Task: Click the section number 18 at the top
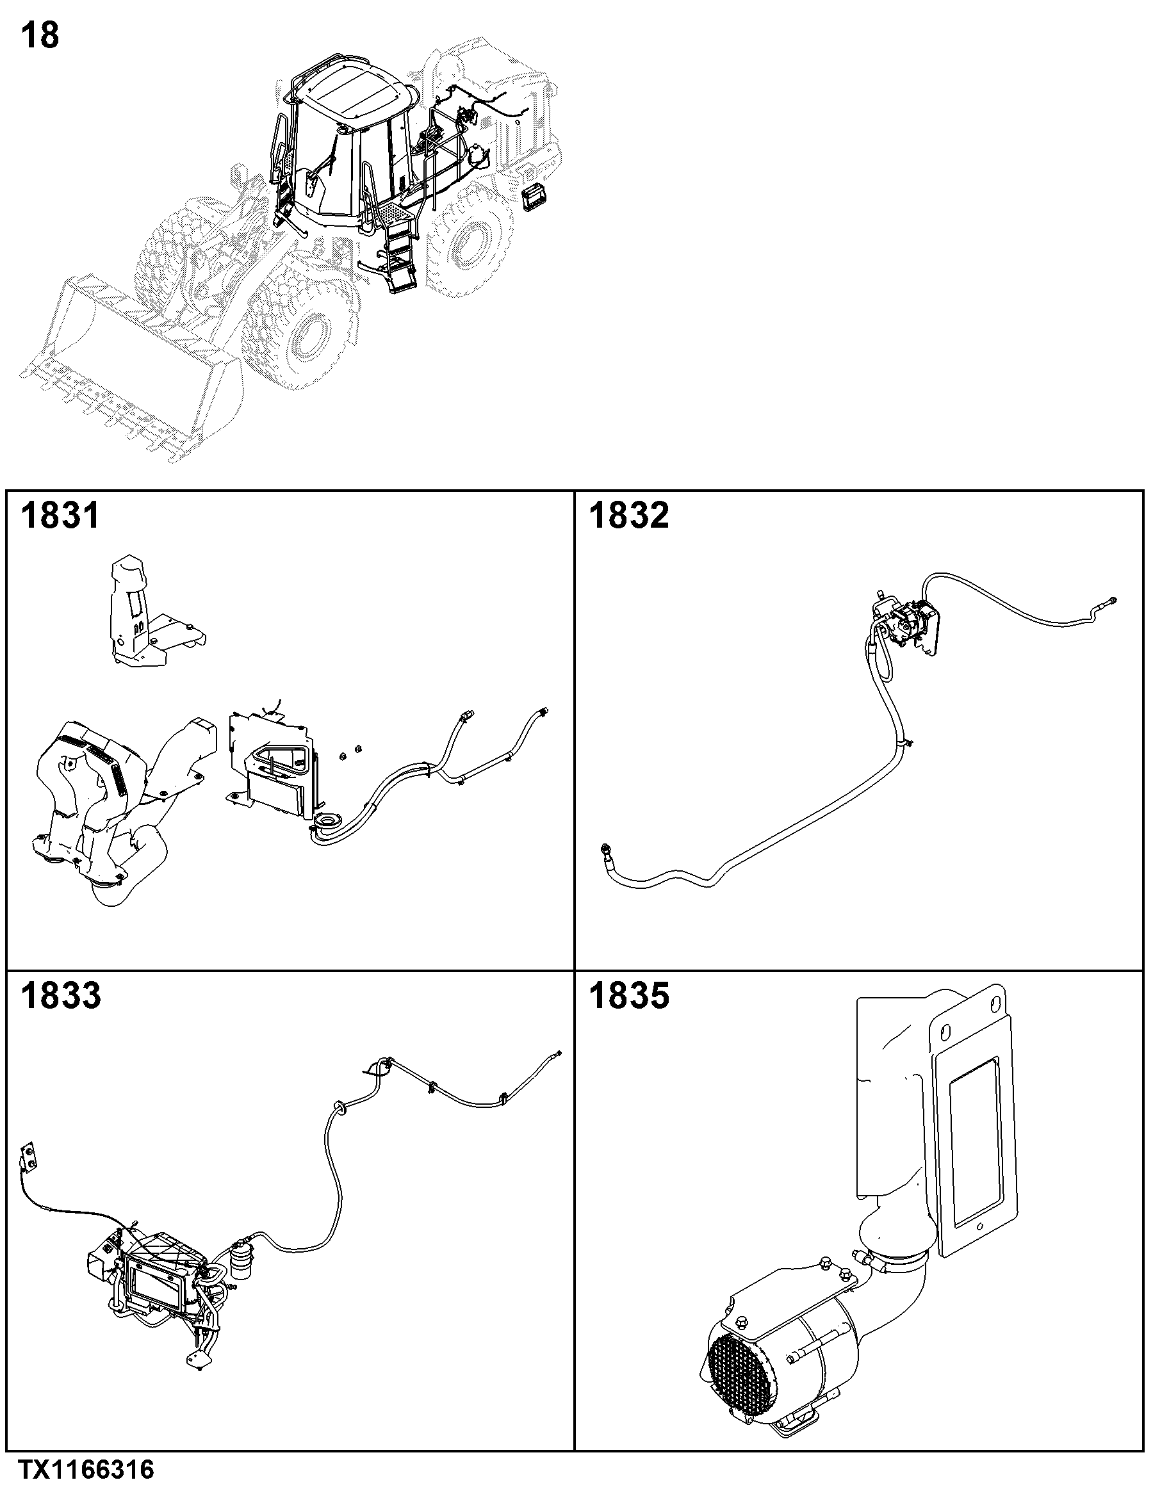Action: click(40, 36)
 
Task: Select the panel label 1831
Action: click(60, 515)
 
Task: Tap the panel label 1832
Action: click(629, 515)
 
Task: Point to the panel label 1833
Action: click(60, 995)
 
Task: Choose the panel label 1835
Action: click(629, 995)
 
